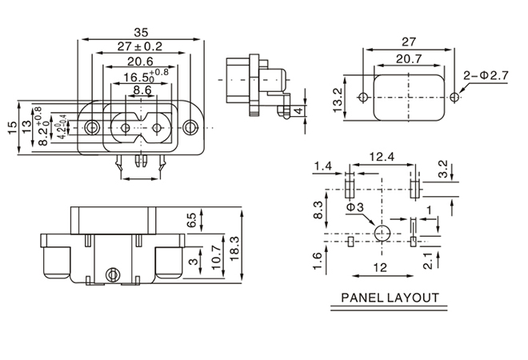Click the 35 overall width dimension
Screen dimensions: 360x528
coord(141,33)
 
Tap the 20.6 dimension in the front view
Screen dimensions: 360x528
coord(140,62)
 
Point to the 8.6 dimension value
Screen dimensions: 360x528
coord(142,91)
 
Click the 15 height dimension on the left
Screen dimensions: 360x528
coord(10,127)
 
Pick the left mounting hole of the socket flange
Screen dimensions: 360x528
coord(94,127)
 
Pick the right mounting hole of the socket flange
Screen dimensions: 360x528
coord(190,127)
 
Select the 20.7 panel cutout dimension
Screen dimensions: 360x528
coord(408,59)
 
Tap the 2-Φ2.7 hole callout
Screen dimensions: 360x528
coord(486,76)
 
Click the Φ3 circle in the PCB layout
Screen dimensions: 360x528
coord(382,234)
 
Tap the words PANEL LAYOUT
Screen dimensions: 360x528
coord(390,298)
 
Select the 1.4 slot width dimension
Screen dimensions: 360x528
coord(322,166)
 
